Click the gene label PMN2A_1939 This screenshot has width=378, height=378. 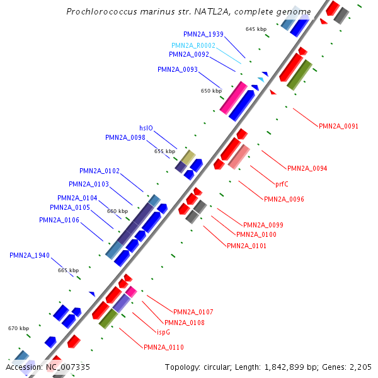[x=203, y=34]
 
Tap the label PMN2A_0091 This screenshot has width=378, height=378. [x=338, y=126]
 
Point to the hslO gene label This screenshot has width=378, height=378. [x=146, y=128]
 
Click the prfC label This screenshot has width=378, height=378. [x=283, y=185]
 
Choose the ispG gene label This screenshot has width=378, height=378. [x=163, y=332]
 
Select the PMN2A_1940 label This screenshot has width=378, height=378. [x=29, y=255]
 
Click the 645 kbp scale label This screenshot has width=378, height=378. [x=256, y=30]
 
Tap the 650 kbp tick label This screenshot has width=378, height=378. [x=211, y=91]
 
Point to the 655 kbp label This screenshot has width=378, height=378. [x=164, y=151]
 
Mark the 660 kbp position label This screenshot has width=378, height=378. [x=117, y=211]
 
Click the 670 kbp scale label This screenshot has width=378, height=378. [x=18, y=328]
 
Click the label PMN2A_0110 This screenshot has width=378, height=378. [x=163, y=347]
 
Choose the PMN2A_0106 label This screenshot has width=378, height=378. [x=59, y=220]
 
